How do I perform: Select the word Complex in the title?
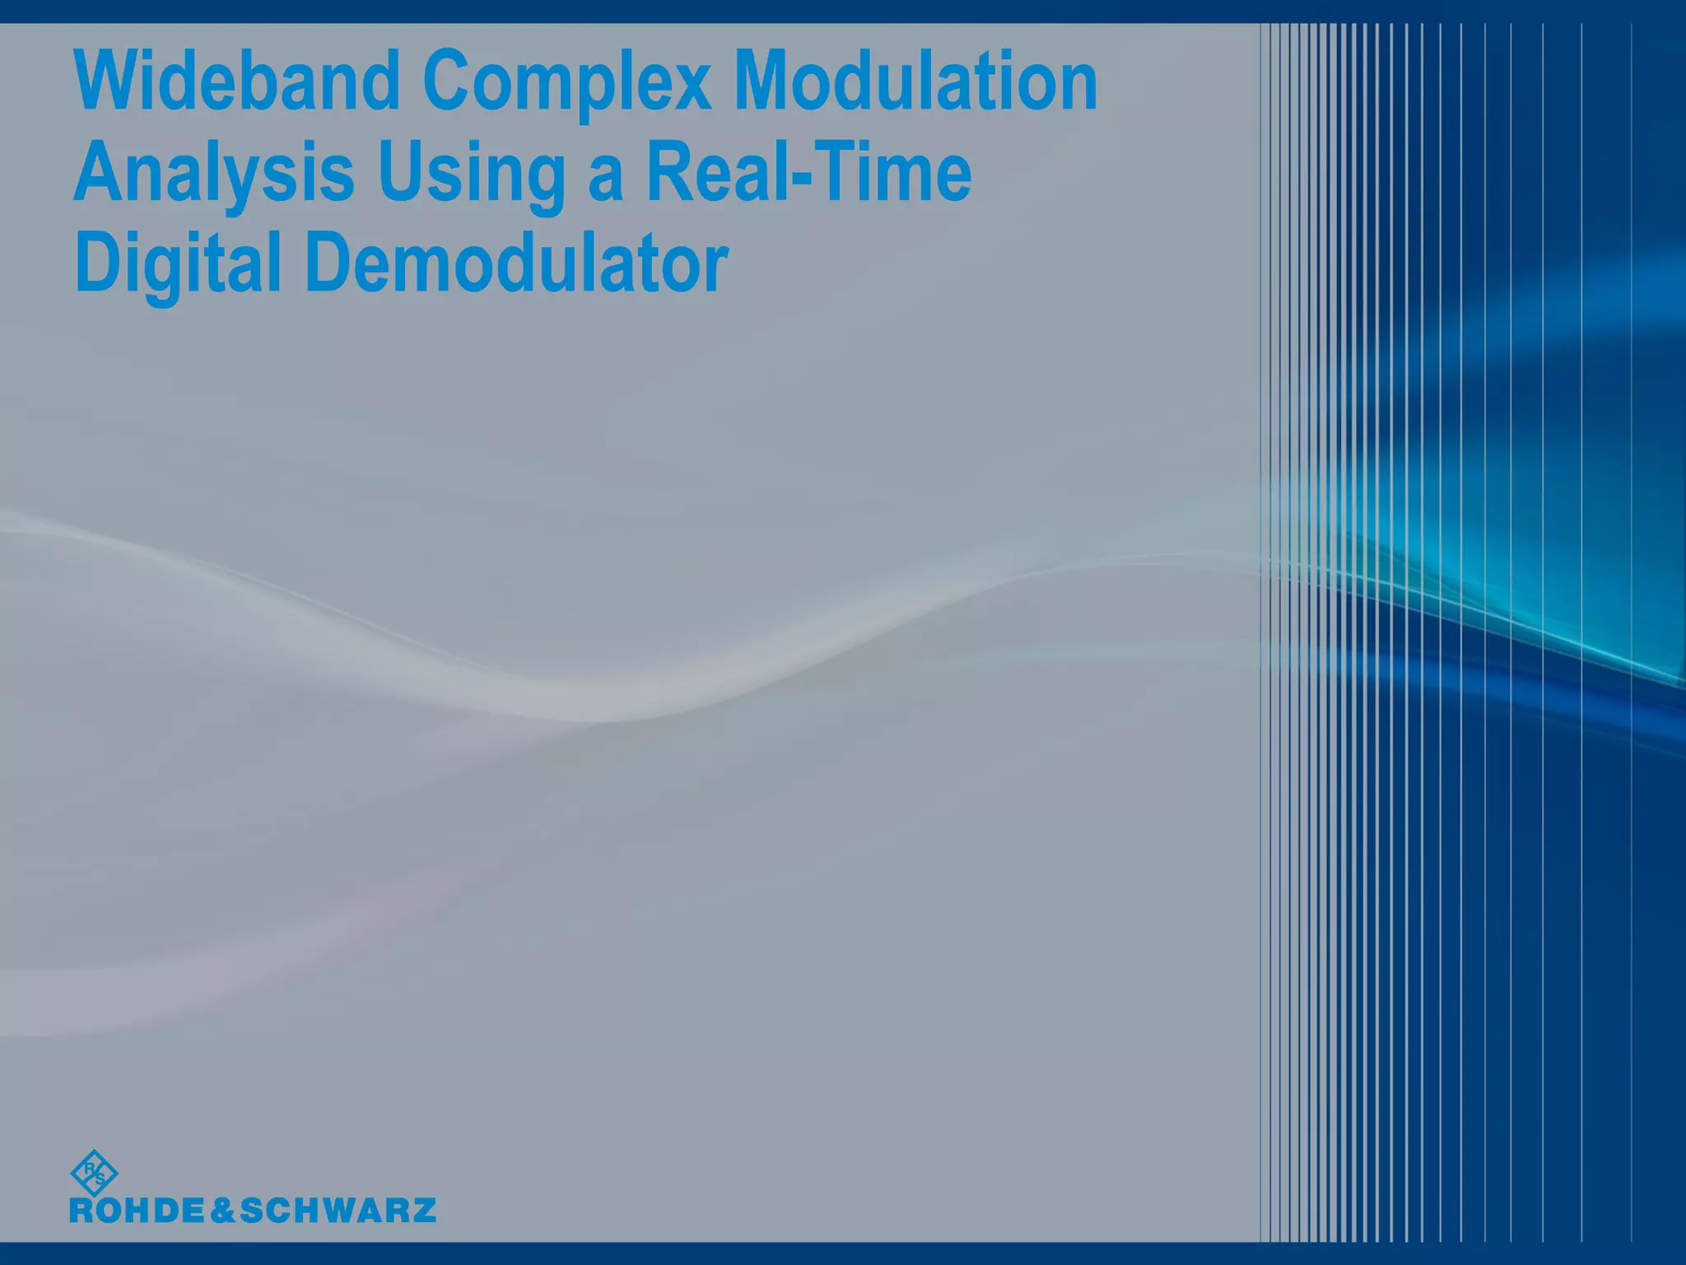click(x=567, y=82)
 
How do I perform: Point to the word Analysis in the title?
click(x=214, y=173)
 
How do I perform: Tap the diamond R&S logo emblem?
click(x=94, y=1173)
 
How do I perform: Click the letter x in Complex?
click(x=692, y=89)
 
